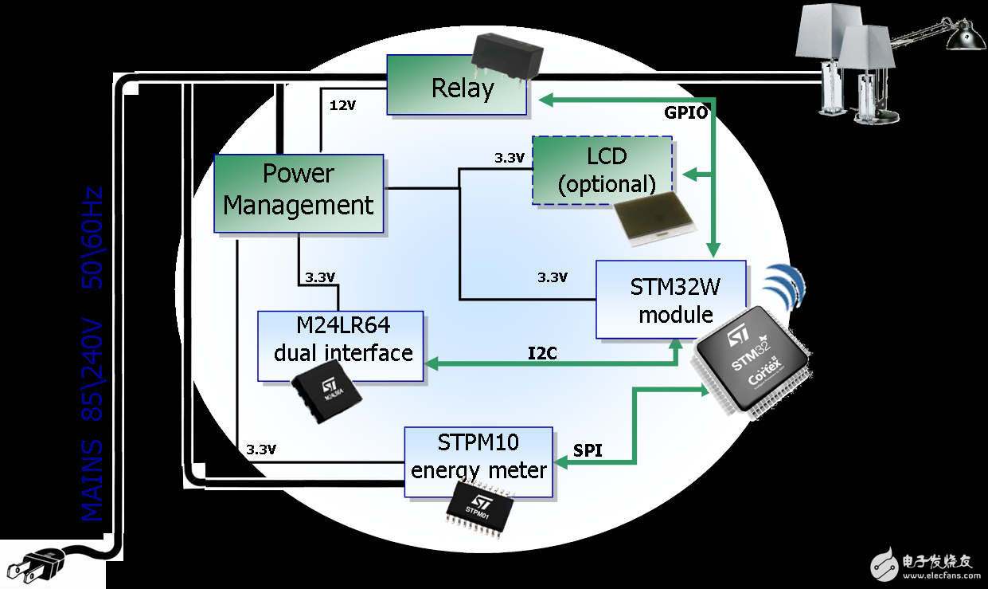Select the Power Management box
pos(299,191)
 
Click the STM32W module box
pos(670,300)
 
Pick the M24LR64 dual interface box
pos(341,344)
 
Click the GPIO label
pos(685,112)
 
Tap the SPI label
pos(588,451)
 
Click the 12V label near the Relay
pos(342,104)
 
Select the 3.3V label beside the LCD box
pos(509,158)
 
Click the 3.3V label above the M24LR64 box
pos(321,279)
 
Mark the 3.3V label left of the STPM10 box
pos(261,450)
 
